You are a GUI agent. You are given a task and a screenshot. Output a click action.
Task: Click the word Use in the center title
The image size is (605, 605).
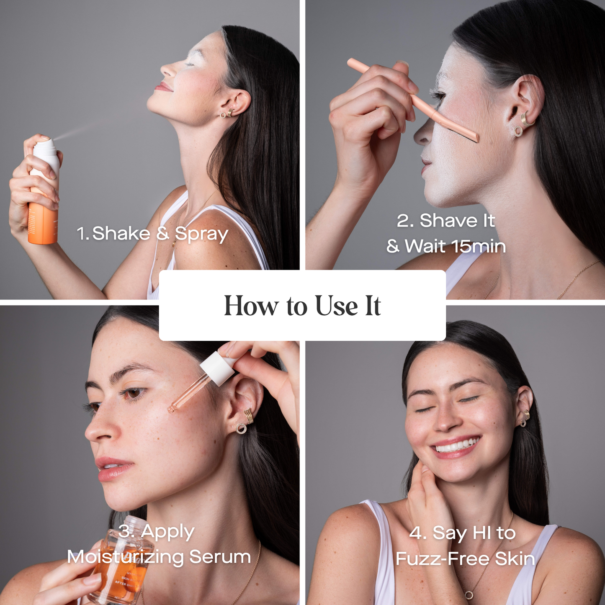pyautogui.click(x=336, y=306)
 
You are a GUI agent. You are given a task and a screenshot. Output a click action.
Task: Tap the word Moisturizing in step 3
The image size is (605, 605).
pyautogui.click(x=125, y=557)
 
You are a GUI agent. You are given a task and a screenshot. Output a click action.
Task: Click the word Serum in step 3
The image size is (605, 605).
pyautogui.click(x=220, y=557)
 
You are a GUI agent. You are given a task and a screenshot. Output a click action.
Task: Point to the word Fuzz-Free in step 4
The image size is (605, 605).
pyautogui.click(x=442, y=559)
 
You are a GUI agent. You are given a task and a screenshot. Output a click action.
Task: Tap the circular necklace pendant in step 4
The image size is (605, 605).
pyautogui.click(x=469, y=595)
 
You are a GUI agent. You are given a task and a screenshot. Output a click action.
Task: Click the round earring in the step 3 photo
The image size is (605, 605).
pyautogui.click(x=241, y=428)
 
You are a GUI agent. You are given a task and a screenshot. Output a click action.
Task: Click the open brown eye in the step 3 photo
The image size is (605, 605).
pyautogui.click(x=134, y=393)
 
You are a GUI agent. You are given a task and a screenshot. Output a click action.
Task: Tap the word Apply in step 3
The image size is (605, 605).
pyautogui.click(x=167, y=532)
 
